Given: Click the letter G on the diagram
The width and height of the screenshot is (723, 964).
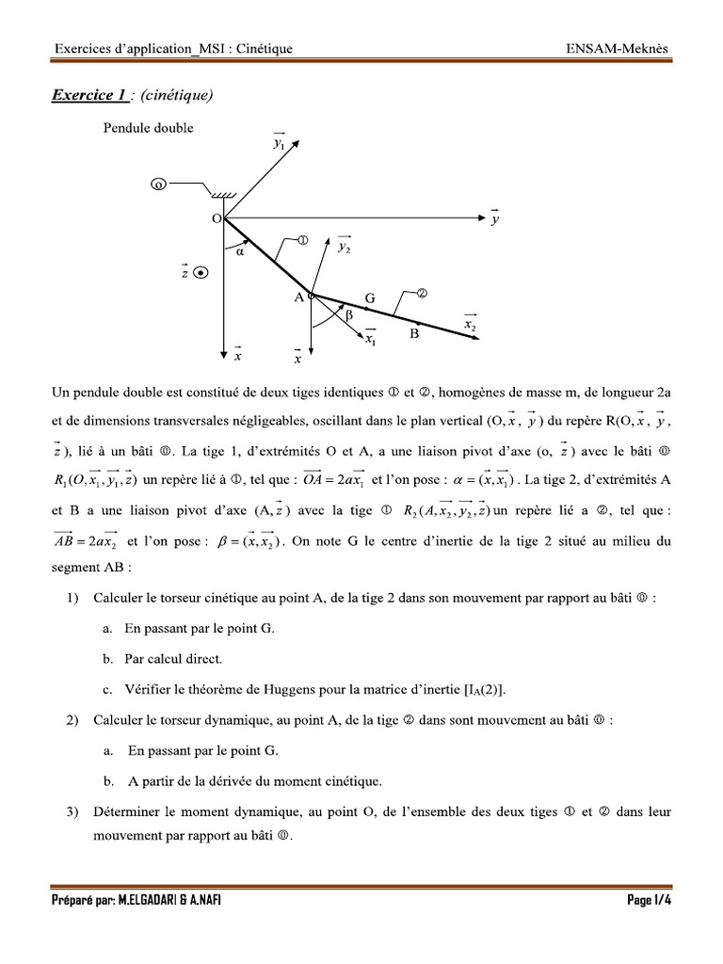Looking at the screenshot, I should coord(370,298).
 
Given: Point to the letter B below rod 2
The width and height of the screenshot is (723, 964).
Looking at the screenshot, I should coord(413,333).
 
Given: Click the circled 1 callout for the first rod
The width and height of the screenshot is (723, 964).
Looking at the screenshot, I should coord(303,241).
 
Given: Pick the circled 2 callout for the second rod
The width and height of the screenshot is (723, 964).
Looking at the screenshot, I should coord(422,293).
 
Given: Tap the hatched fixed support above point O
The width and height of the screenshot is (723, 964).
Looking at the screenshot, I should coord(223,195).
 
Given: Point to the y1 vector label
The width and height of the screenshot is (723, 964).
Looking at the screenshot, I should coord(280,143).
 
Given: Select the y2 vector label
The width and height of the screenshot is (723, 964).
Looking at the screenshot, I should coord(345,246).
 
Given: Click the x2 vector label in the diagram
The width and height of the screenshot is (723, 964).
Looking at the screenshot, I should coord(470,324).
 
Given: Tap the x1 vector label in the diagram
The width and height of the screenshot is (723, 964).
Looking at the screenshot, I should coord(372,341).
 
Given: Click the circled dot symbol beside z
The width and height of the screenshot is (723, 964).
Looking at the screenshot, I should coord(201,273).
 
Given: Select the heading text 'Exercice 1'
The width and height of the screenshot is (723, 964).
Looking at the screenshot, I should coord(90,94).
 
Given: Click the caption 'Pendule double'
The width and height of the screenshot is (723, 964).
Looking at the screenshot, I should coord(148,128).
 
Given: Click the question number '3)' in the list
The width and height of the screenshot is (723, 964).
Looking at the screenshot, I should coord(72,811).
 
